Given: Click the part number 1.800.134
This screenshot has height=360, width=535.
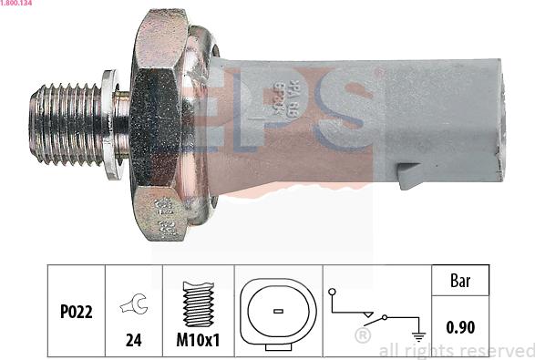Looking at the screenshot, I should pyautogui.click(x=17, y=5).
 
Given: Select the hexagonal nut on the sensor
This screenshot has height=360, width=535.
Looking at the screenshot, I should pyautogui.click(x=159, y=123).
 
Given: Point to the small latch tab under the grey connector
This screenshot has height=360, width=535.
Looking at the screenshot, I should pyautogui.click(x=410, y=175).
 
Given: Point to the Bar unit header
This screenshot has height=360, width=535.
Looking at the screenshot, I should pyautogui.click(x=461, y=281).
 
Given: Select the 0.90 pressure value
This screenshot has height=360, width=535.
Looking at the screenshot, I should pyautogui.click(x=461, y=326).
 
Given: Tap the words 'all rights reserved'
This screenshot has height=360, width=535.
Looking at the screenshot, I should pyautogui.click(x=456, y=351).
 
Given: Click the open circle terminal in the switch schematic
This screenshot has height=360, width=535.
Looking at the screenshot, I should pyautogui.click(x=334, y=292).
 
